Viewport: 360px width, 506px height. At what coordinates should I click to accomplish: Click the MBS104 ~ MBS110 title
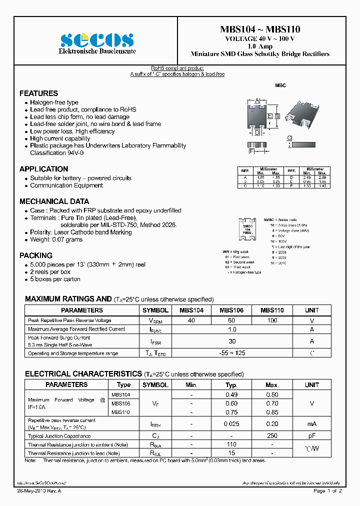pyautogui.click(x=260, y=29)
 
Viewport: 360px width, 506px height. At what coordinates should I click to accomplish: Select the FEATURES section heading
pyautogui.click(x=38, y=93)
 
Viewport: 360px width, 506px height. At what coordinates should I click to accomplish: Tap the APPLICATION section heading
pyautogui.click(x=43, y=169)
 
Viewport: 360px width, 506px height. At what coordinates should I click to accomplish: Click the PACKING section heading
pyautogui.click(x=35, y=255)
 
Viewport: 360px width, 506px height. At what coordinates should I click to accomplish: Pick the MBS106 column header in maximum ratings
pyautogui.click(x=231, y=310)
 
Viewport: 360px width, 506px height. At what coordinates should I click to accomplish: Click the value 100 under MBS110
pyautogui.click(x=272, y=320)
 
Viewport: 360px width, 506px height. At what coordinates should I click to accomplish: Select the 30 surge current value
pyautogui.click(x=231, y=341)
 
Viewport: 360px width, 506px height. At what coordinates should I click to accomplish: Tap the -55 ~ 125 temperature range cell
pyautogui.click(x=231, y=353)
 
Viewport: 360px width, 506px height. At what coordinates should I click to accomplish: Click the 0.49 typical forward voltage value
pyautogui.click(x=231, y=394)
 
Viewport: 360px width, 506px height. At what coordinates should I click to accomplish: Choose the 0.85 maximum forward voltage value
pyautogui.click(x=272, y=412)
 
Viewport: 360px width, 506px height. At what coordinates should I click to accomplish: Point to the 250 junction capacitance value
pyautogui.click(x=272, y=435)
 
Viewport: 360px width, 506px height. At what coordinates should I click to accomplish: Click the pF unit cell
pyautogui.click(x=312, y=435)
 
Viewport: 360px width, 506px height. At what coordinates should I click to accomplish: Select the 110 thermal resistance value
pyautogui.click(x=231, y=444)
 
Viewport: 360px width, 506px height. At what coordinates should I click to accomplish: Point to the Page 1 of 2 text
pyautogui.click(x=327, y=491)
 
